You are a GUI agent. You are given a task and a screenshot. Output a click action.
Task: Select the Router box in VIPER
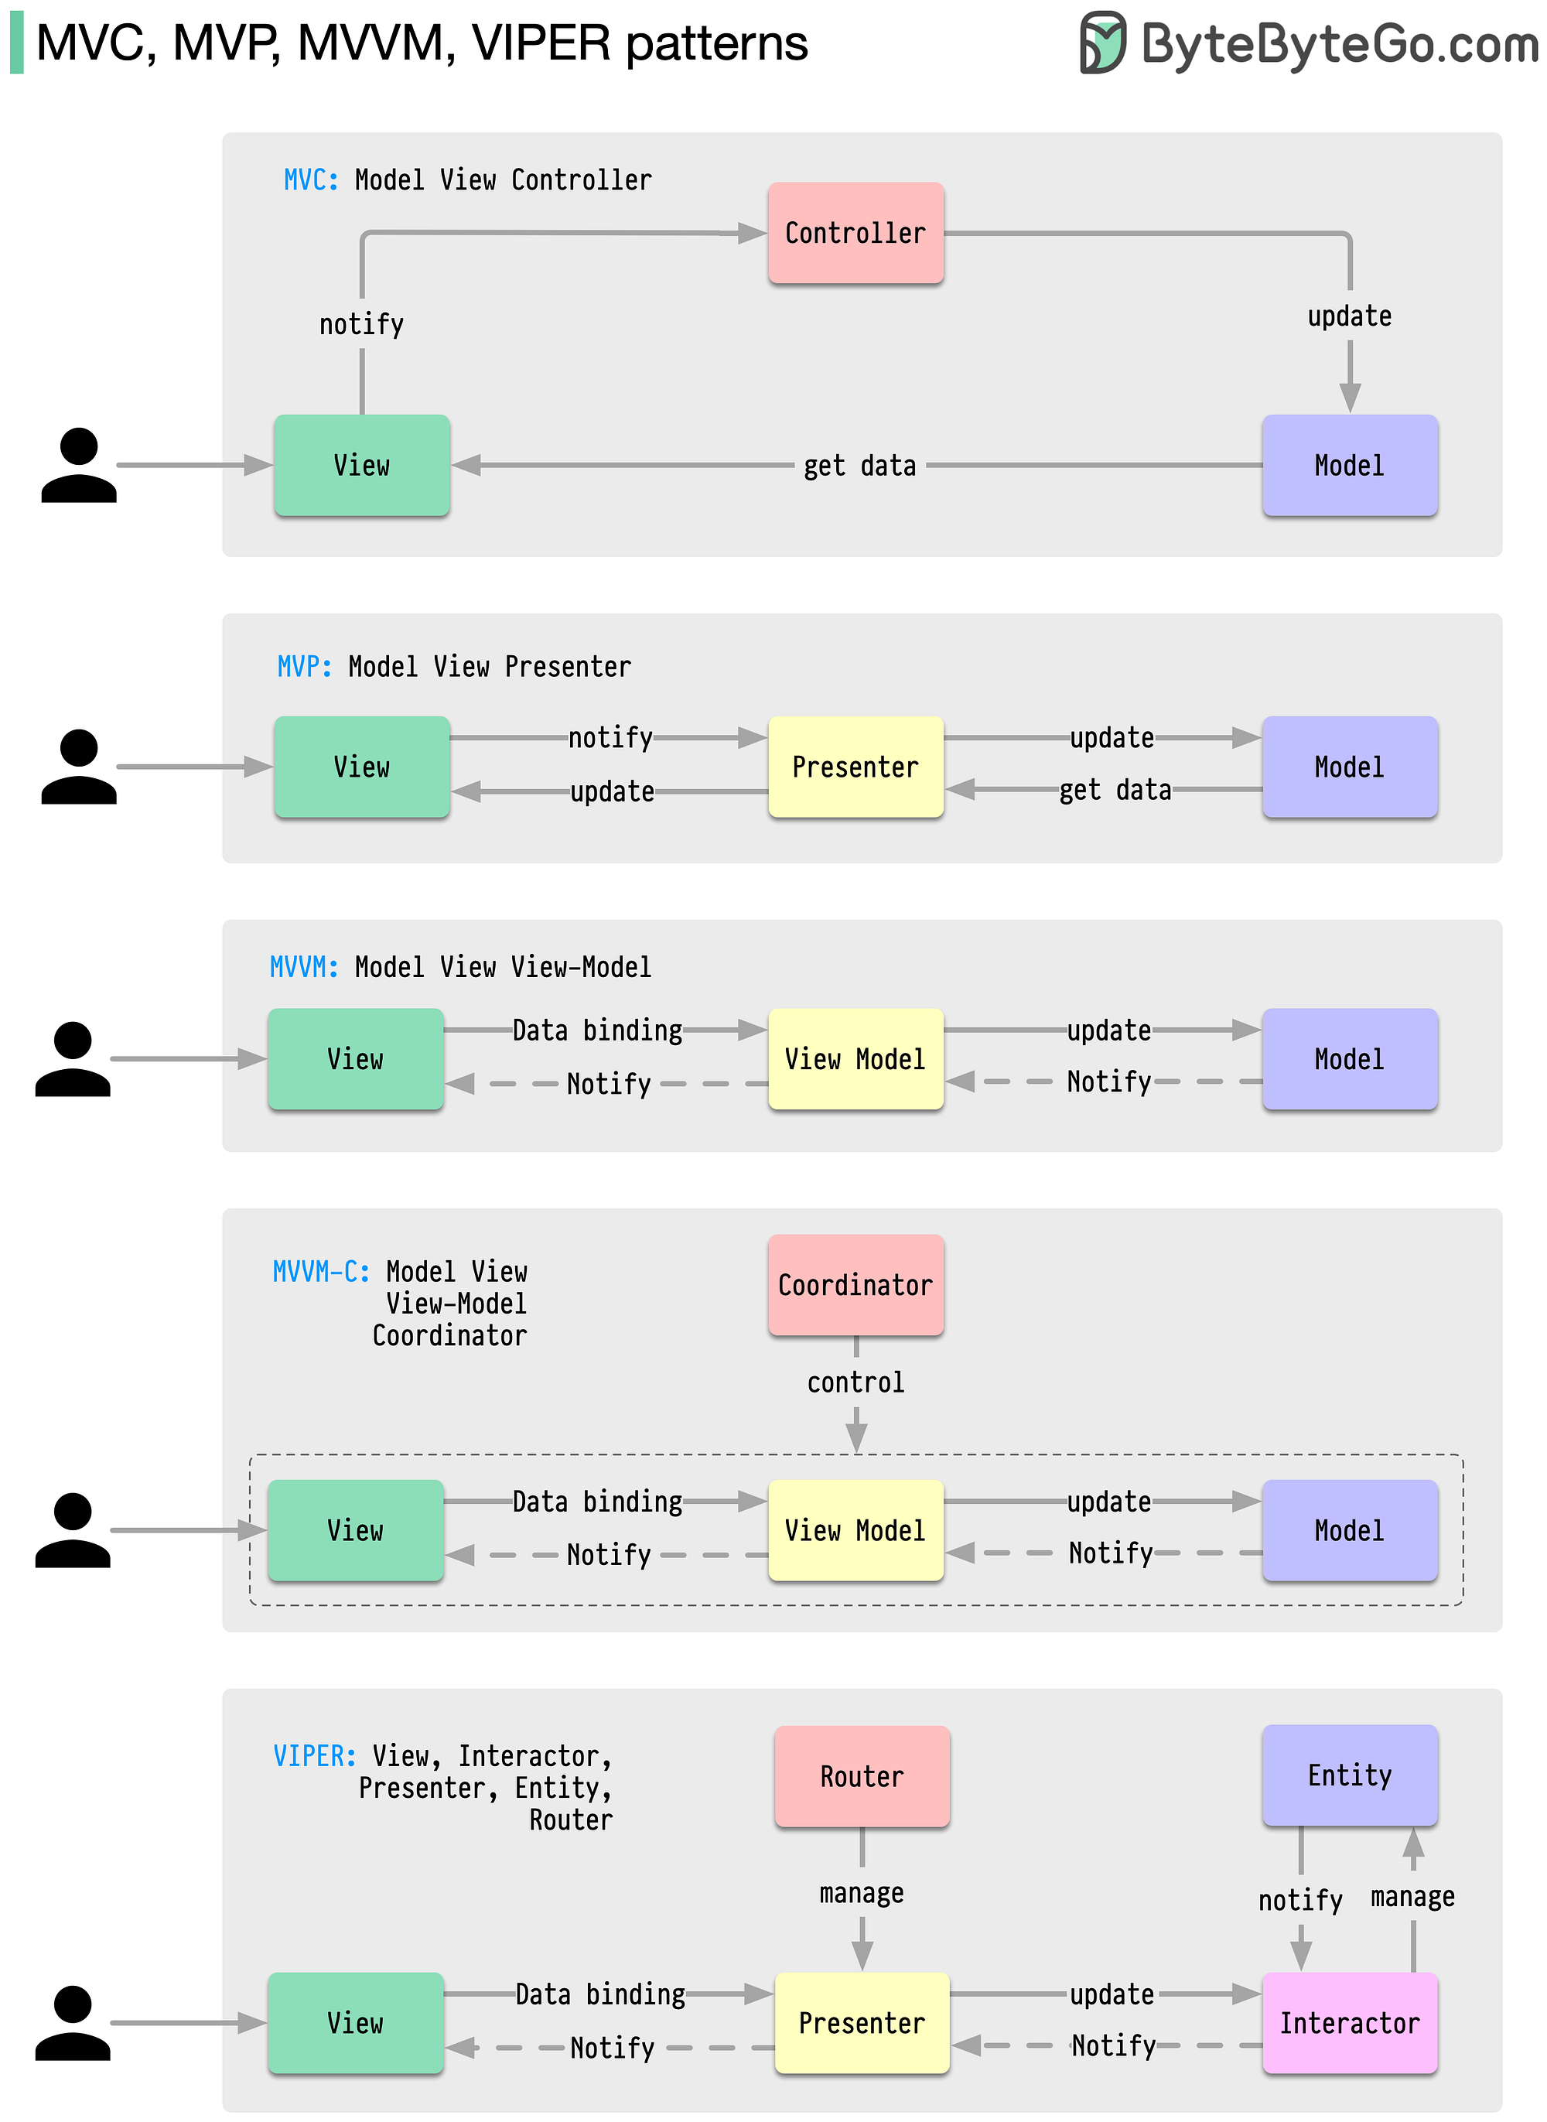[862, 1776]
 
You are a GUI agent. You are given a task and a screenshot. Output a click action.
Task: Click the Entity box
[1351, 1775]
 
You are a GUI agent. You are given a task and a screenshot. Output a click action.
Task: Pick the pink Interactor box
[1351, 2024]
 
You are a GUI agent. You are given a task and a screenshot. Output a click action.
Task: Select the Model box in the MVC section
[1351, 466]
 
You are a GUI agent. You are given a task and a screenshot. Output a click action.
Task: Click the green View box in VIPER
[356, 2024]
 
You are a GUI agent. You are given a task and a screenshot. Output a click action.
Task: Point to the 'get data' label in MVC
[859, 466]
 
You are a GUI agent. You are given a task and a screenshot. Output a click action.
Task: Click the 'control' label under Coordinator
[856, 1382]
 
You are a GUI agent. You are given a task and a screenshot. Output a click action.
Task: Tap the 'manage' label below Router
[862, 1894]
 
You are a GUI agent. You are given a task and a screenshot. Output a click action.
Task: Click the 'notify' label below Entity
[1301, 1900]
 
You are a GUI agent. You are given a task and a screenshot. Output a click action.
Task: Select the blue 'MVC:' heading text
[312, 179]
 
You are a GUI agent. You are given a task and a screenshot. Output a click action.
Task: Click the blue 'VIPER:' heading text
[315, 1756]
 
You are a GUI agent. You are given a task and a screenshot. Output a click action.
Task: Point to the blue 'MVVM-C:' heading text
[321, 1272]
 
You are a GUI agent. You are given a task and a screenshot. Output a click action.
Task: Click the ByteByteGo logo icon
[1103, 42]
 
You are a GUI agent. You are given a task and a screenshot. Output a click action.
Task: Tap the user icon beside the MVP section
[79, 767]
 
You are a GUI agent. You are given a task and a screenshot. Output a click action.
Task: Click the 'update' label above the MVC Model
[1350, 316]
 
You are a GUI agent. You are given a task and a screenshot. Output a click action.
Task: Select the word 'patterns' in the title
[717, 44]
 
